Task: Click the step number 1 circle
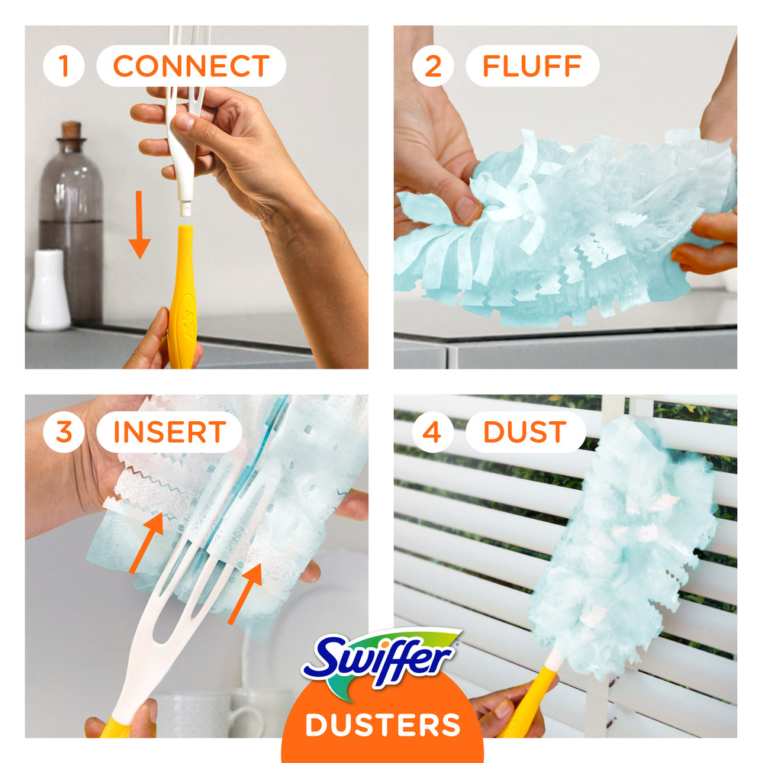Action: [63, 66]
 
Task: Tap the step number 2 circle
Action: [433, 66]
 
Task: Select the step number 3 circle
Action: [63, 432]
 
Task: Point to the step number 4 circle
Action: [433, 432]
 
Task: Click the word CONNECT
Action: [191, 66]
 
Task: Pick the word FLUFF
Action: [533, 66]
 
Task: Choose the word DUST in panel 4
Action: [523, 432]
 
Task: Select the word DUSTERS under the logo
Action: [382, 723]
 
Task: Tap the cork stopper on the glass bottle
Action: [71, 130]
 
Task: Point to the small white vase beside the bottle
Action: [48, 290]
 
